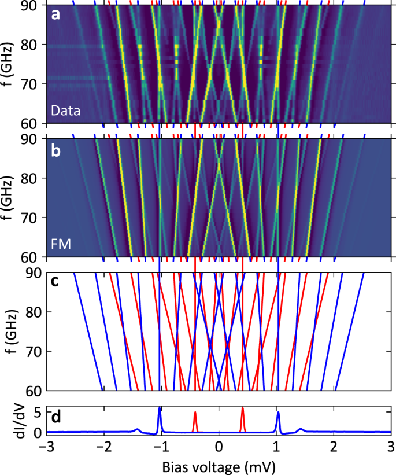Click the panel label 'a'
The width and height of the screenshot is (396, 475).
click(x=55, y=16)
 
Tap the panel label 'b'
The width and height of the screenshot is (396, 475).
click(x=55, y=149)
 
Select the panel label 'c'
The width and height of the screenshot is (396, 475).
click(x=55, y=283)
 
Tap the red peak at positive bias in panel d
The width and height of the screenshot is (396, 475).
click(x=243, y=412)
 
